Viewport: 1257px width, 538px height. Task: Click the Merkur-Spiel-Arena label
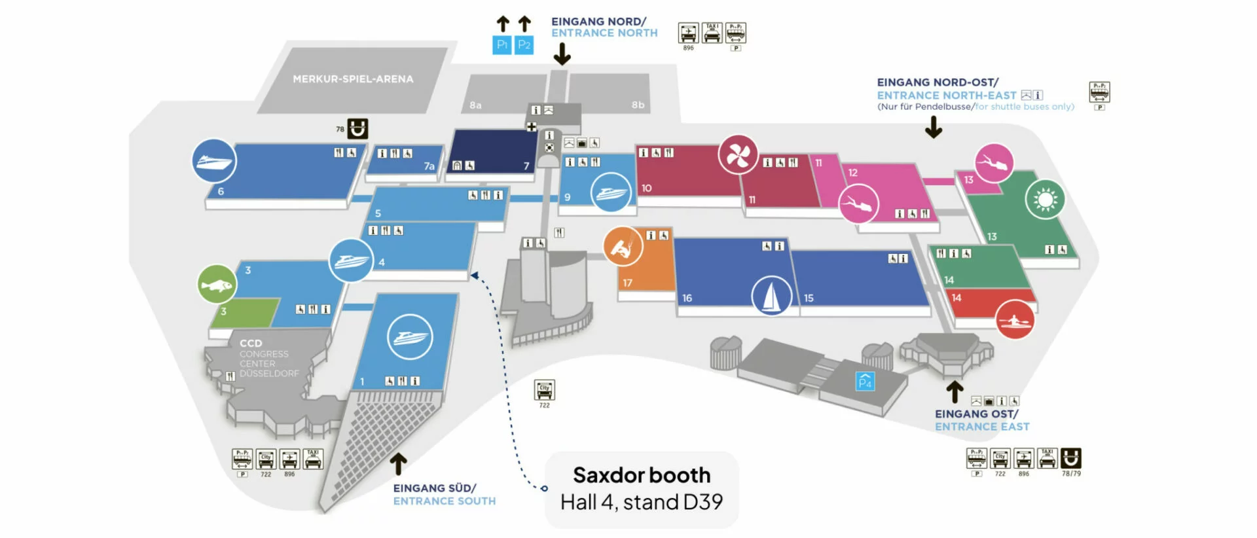353,79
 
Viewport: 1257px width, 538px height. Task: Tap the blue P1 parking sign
501,45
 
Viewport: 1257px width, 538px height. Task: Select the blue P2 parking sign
524,45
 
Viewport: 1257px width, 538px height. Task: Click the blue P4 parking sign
865,381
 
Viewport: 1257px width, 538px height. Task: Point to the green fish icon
217,285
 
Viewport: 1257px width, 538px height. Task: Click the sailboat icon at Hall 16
771,295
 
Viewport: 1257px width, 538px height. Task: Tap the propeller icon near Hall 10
738,155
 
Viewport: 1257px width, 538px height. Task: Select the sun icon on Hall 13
1045,199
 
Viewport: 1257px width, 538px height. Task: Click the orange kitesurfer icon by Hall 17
623,247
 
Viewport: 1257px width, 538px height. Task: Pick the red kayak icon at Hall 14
1015,319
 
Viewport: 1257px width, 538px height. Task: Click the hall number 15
809,298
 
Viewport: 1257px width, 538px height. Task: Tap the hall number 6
221,192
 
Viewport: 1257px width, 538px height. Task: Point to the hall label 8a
475,105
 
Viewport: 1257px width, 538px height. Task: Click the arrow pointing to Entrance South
398,464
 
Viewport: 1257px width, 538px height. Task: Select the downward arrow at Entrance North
562,54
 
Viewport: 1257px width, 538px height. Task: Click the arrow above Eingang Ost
955,392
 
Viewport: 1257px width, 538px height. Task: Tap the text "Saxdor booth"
641,475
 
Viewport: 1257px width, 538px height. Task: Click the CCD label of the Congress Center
251,343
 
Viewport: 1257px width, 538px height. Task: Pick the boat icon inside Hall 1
410,337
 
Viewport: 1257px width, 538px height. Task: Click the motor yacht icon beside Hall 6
214,161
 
